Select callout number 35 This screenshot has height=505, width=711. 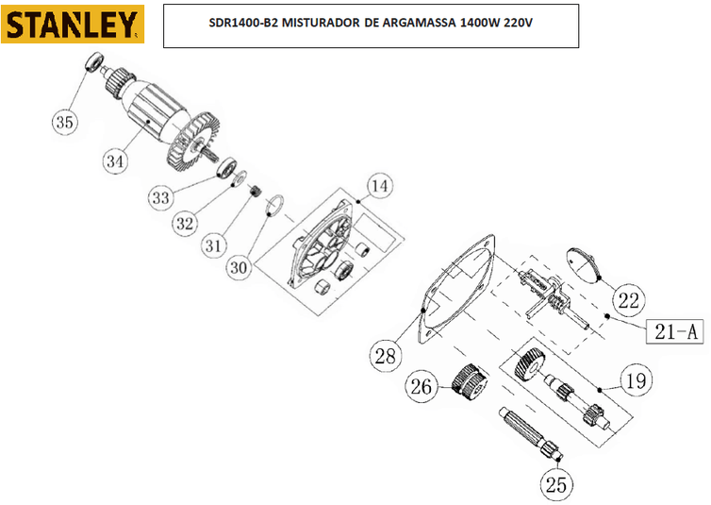[64, 122]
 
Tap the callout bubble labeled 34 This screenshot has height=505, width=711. [115, 160]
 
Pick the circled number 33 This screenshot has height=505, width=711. [160, 197]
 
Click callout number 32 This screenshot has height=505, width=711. [185, 223]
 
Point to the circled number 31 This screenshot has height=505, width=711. [214, 245]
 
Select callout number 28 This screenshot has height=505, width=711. [384, 356]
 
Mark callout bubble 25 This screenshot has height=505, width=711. [555, 483]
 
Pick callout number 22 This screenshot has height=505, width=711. [628, 300]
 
